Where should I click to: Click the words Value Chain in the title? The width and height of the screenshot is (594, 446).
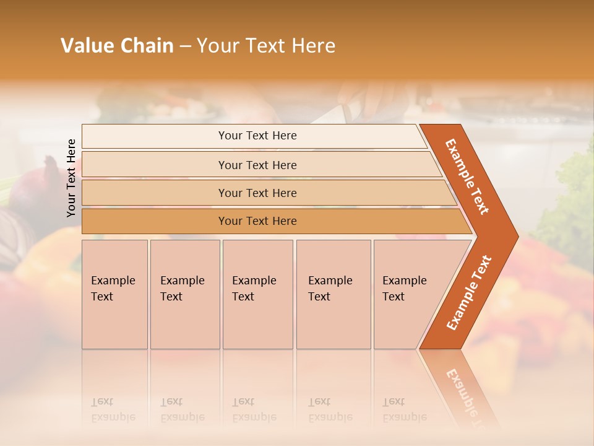(117, 46)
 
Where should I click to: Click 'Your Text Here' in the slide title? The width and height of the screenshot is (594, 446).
(266, 46)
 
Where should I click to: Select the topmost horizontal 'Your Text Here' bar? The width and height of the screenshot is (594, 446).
(257, 136)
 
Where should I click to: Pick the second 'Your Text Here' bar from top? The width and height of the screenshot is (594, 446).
(257, 165)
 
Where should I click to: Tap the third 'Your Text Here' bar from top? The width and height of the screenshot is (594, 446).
(257, 193)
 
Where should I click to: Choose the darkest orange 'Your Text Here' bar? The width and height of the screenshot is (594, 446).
(257, 221)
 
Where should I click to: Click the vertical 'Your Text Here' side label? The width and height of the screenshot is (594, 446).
(72, 178)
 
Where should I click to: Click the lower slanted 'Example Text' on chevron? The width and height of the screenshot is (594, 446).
(469, 292)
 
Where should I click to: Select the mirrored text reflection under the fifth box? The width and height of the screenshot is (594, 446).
(404, 411)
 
